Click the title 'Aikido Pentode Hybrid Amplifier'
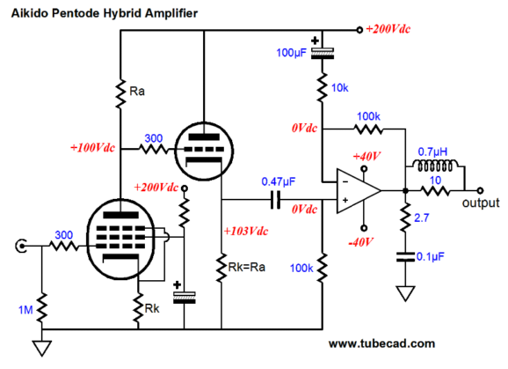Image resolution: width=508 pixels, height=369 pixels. pos(105,13)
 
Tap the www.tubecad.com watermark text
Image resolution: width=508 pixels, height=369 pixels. pos(381,343)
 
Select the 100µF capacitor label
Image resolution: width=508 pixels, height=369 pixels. pos(291,53)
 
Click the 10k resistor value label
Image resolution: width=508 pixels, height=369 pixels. pos(339,87)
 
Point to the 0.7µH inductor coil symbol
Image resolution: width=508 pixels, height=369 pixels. pos(435,166)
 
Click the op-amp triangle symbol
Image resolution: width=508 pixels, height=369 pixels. pos(358,191)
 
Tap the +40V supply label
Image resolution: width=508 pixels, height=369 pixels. pos(366,157)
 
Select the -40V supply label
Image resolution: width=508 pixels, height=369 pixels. pos(360,242)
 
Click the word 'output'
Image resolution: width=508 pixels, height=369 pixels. pos(481,203)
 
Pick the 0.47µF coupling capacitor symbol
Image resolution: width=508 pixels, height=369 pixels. pos(275,199)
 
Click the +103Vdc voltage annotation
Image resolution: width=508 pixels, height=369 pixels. pos(245,231)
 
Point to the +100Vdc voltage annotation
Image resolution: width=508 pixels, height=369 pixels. pos(92,148)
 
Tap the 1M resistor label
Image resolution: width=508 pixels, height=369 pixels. pos(25,310)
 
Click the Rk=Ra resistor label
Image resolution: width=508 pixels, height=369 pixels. pos(247,268)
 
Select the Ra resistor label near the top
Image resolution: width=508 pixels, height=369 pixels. pos(137,92)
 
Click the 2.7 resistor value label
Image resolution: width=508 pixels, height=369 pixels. pos(422,218)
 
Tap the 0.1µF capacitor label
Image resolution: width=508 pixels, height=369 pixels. pos(431,256)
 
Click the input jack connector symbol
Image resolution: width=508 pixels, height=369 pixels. pos(21,246)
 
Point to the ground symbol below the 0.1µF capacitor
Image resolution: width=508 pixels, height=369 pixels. pos(405,293)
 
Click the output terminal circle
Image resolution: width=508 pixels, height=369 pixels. pos(480,190)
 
